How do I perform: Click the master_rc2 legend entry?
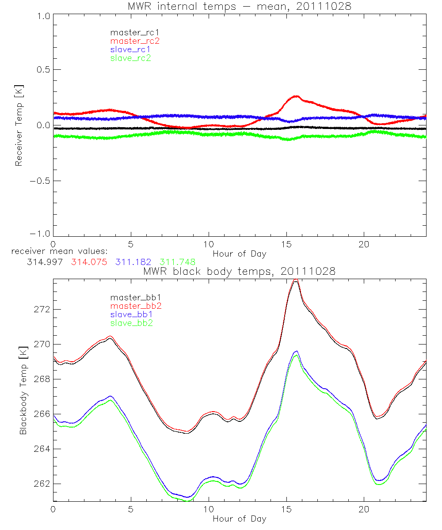pos(135,41)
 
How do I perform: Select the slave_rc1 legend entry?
pos(131,49)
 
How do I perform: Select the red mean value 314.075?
pos(89,262)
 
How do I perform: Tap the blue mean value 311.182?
pos(133,262)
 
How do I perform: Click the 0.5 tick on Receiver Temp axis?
pos(43,70)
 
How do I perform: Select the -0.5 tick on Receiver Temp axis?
pos(40,181)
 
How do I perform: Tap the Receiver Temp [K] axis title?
pos(19,125)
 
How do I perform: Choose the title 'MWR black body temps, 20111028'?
pos(239,271)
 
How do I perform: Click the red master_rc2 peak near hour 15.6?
pos(296,96)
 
